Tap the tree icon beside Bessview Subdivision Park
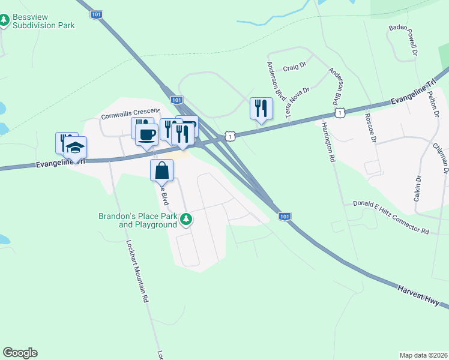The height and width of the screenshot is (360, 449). [5, 21]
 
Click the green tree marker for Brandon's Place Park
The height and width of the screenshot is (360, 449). [186, 220]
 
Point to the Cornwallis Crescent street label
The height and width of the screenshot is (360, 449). [130, 114]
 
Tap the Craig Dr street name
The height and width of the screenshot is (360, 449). [295, 68]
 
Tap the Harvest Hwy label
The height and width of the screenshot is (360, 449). [422, 297]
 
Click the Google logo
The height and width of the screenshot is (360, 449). [20, 353]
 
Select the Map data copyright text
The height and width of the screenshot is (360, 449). [423, 355]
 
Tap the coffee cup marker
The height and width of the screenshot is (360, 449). [146, 134]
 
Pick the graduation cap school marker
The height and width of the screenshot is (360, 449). [76, 147]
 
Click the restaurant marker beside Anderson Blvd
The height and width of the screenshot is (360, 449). [261, 108]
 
